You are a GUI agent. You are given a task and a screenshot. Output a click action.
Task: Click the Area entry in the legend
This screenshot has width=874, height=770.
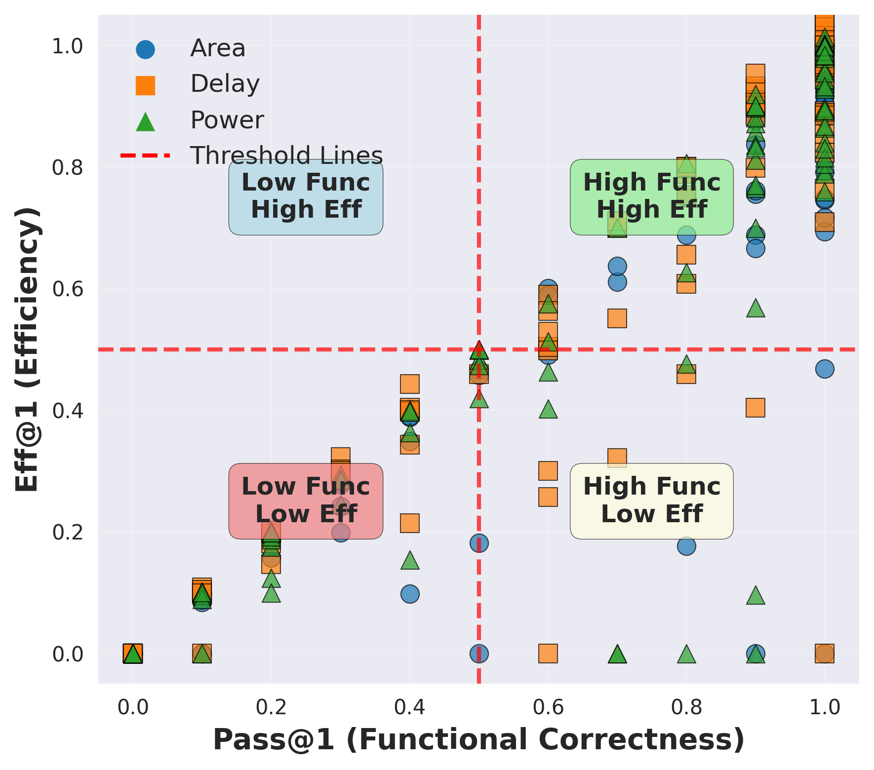217,48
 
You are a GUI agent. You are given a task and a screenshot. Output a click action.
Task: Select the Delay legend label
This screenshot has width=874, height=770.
225,84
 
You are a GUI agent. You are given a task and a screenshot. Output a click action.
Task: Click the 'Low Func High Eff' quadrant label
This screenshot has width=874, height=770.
306,196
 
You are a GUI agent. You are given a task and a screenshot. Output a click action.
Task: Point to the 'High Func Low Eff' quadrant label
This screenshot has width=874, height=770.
651,500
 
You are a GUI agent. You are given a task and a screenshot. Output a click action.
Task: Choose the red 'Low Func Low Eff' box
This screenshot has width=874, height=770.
306,500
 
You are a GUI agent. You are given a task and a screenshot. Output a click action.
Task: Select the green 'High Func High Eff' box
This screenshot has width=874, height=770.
651,196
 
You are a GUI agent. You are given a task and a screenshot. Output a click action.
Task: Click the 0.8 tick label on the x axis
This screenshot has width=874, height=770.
686,707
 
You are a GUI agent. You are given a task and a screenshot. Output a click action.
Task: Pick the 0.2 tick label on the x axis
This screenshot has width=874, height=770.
271,707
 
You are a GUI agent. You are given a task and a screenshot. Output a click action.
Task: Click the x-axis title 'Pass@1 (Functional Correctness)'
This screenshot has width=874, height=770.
478,740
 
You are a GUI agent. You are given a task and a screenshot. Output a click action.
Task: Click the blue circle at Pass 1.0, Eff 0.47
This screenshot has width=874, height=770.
824,369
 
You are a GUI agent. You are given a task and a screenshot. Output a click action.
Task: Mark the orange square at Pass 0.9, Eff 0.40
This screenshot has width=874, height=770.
755,408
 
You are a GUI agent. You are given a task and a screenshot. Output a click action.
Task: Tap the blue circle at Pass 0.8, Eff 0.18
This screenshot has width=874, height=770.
686,546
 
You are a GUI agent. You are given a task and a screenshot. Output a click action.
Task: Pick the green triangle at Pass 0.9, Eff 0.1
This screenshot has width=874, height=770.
755,596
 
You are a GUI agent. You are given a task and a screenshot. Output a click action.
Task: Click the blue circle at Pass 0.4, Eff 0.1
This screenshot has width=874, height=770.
409,593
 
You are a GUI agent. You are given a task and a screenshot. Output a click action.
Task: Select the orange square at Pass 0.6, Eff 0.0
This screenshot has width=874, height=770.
548,654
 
